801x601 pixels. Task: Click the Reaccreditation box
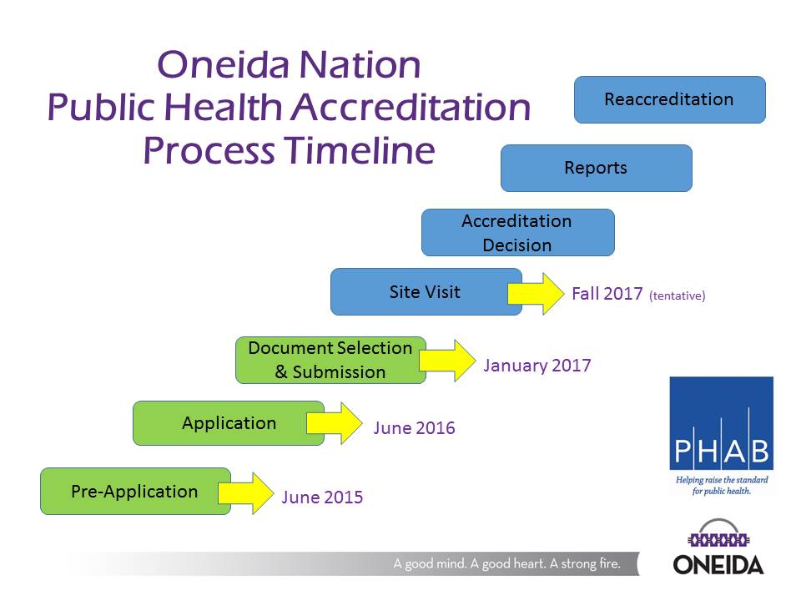tap(669, 99)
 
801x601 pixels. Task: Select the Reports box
tap(596, 168)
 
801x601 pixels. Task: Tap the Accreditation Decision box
tap(517, 233)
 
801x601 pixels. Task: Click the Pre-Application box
tap(135, 491)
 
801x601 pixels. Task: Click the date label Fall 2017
tap(607, 294)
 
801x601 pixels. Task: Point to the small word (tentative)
tap(677, 295)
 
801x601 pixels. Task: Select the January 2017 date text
tap(537, 365)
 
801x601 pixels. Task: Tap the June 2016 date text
tap(414, 428)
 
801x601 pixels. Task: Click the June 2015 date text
tap(322, 497)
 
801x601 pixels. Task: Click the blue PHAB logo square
tap(721, 424)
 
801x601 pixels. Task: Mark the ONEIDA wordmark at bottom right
tap(718, 565)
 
